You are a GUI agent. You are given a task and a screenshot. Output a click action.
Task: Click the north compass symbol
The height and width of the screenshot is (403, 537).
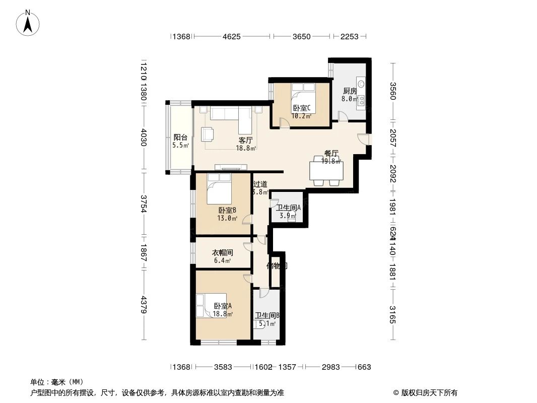point(28,22)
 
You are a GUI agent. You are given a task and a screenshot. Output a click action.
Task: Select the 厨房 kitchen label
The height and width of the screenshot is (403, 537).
point(350,91)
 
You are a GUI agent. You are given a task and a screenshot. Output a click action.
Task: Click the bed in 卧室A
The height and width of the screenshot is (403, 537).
point(212,306)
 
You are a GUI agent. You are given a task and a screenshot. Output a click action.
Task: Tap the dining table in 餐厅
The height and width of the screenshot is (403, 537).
point(326,170)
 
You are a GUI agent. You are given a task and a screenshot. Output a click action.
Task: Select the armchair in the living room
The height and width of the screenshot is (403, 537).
point(208,135)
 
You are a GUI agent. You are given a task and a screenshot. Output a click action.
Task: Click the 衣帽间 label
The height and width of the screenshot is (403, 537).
point(222,252)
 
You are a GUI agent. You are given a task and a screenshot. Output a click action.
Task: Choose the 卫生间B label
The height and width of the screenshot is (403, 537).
point(266,316)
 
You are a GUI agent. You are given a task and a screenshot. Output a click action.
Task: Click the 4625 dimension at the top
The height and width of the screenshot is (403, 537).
point(231,36)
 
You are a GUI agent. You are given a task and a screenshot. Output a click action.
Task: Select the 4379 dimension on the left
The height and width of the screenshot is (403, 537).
point(143,305)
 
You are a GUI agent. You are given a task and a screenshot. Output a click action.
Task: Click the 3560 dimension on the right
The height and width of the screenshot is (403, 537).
point(393,91)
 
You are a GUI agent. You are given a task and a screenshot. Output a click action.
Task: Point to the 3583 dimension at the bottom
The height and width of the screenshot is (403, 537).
point(223,367)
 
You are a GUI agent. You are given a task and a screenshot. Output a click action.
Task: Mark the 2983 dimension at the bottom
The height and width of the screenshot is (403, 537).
point(331,367)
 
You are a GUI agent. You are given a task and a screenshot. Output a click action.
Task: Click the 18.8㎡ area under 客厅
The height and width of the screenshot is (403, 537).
point(246,148)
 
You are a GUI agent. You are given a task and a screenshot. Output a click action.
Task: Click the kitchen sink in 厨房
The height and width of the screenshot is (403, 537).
point(361,84)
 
